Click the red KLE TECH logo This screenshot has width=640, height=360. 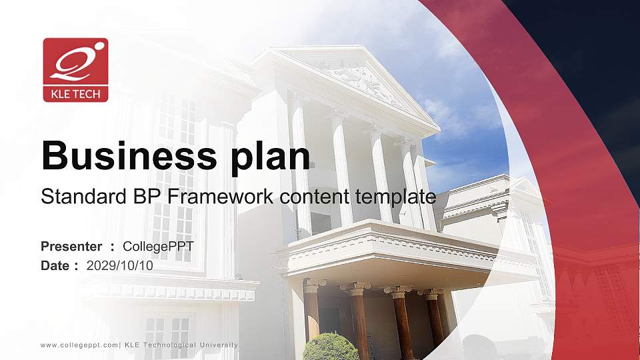coord(75,69)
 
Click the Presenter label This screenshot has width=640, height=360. coord(72,247)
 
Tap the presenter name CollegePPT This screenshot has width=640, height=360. coord(158,247)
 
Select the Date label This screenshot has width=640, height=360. coord(55,265)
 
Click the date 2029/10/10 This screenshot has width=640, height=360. coord(120,265)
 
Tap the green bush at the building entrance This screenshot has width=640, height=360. coord(331,347)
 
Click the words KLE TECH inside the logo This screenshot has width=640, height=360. coord(75,94)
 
